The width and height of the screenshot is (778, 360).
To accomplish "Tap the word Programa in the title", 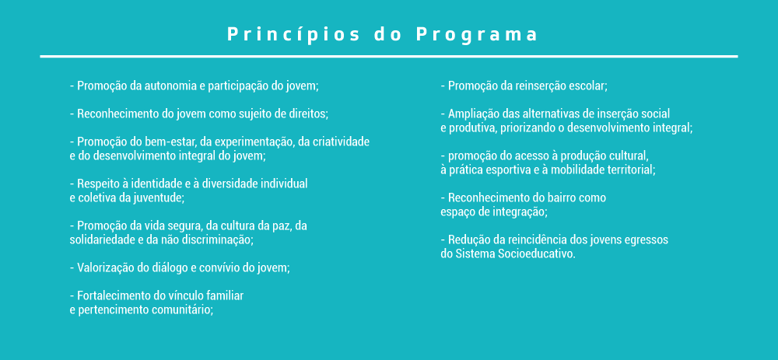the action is click(x=477, y=35).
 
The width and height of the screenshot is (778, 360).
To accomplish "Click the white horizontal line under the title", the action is click(x=388, y=57).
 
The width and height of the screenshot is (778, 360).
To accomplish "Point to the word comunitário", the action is click(x=184, y=310).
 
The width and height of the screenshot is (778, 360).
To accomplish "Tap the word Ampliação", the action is click(x=473, y=114).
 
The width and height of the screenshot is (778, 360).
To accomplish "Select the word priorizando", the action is click(x=527, y=128).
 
